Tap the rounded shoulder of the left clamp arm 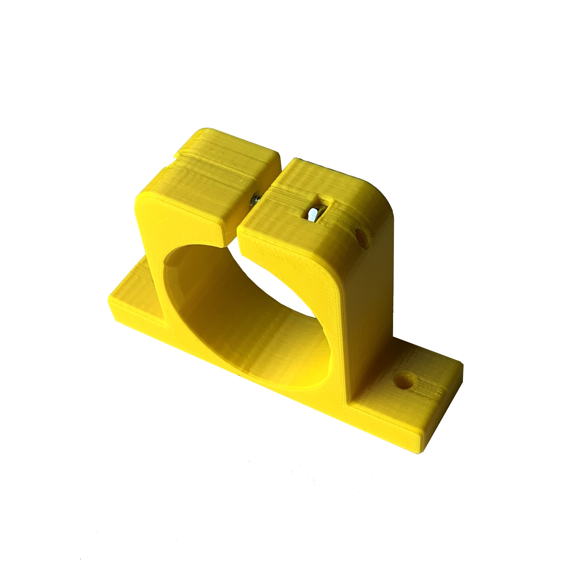click(143, 203)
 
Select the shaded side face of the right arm click(370, 294)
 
